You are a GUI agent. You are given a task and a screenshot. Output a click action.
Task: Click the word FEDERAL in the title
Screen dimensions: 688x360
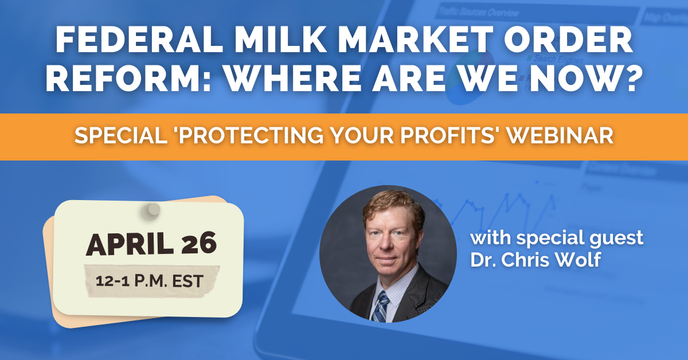coord(139,40)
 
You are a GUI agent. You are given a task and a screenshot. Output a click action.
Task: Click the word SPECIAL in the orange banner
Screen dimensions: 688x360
coord(121,135)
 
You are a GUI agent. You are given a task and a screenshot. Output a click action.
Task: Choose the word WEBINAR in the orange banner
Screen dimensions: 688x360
coord(560,135)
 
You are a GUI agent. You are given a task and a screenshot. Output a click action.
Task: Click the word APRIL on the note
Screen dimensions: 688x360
coord(130,244)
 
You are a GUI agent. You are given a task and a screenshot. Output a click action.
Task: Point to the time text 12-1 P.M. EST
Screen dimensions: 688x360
coord(150,281)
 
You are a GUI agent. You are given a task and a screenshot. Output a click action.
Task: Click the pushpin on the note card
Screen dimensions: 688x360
coord(151,211)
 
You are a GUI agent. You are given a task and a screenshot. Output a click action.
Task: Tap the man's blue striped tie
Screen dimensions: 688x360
coord(381,307)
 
